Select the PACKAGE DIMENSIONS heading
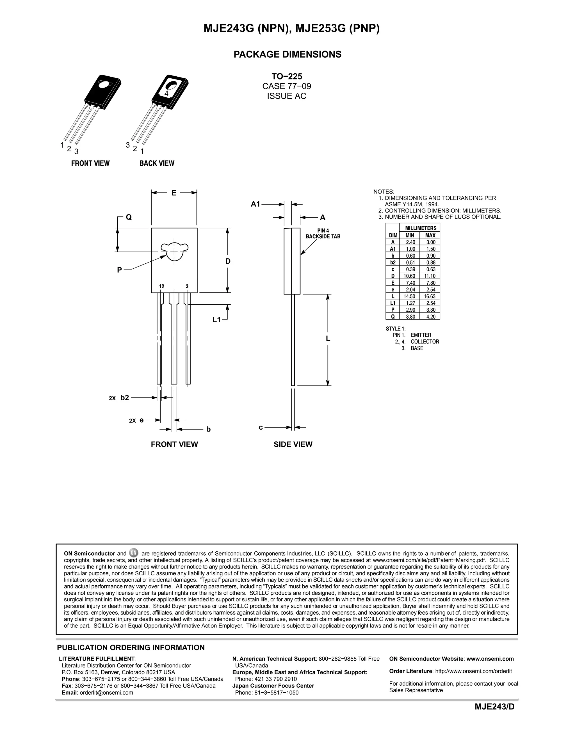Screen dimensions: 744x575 click(x=287, y=54)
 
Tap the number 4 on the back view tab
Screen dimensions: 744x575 click(x=166, y=93)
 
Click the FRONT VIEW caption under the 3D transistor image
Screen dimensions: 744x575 click(x=90, y=163)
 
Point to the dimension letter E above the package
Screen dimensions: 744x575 click(x=174, y=193)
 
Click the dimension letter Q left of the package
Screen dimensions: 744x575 click(x=129, y=217)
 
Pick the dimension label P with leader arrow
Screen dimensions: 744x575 click(x=119, y=270)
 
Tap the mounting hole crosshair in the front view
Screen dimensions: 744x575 click(x=174, y=251)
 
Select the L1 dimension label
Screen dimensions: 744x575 click(x=217, y=319)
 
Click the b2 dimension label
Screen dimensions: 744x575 click(x=124, y=398)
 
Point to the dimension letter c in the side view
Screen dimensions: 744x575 click(x=261, y=427)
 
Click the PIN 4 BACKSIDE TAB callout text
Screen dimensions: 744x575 click(x=323, y=234)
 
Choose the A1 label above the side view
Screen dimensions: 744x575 click(x=255, y=204)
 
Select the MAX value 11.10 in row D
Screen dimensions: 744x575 click(x=431, y=276)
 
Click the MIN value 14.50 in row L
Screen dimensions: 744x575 click(x=410, y=296)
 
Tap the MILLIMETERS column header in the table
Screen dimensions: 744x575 click(x=420, y=228)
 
